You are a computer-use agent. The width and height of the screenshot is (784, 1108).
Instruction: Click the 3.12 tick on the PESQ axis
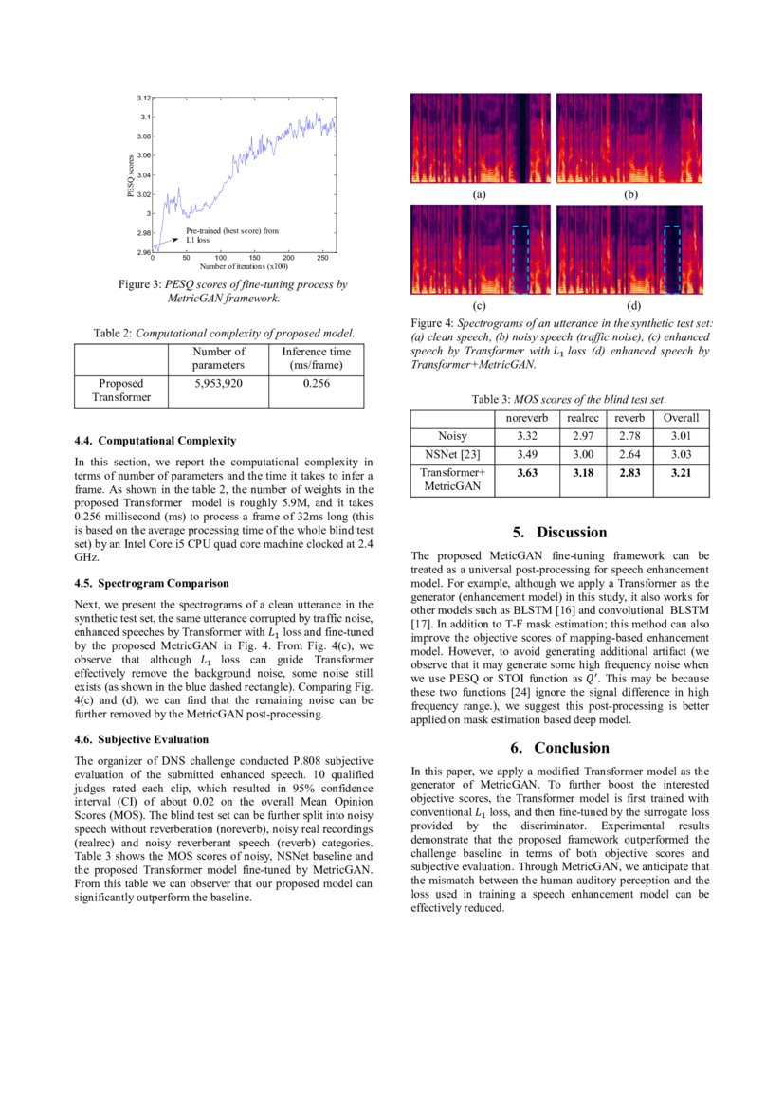tap(143, 98)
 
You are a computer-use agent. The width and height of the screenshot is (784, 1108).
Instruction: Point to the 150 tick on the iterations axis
tap(254, 257)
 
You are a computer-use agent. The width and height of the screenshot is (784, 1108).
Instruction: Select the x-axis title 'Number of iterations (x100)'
tap(237, 266)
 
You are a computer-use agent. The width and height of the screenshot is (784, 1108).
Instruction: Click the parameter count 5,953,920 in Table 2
tap(218, 384)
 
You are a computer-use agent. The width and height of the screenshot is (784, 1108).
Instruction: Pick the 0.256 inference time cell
tap(316, 384)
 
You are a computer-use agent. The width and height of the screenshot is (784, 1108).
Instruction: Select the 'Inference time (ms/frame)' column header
tap(316, 358)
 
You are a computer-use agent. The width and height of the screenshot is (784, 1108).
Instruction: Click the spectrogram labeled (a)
tap(480, 138)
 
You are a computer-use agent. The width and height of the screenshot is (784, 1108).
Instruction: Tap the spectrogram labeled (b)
tap(629, 138)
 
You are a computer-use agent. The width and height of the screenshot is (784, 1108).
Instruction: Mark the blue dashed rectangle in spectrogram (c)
tap(520, 259)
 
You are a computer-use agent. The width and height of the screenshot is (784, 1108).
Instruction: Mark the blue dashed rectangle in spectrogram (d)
tap(672, 259)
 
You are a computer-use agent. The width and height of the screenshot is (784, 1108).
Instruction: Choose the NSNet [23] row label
tap(451, 454)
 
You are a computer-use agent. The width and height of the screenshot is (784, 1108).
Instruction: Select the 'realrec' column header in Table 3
tap(582, 418)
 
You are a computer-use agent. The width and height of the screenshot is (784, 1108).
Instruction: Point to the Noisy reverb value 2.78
tap(629, 436)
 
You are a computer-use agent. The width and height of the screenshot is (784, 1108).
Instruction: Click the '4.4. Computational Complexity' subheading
tap(155, 441)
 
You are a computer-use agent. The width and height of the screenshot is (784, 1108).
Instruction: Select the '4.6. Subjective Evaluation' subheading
tap(140, 739)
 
